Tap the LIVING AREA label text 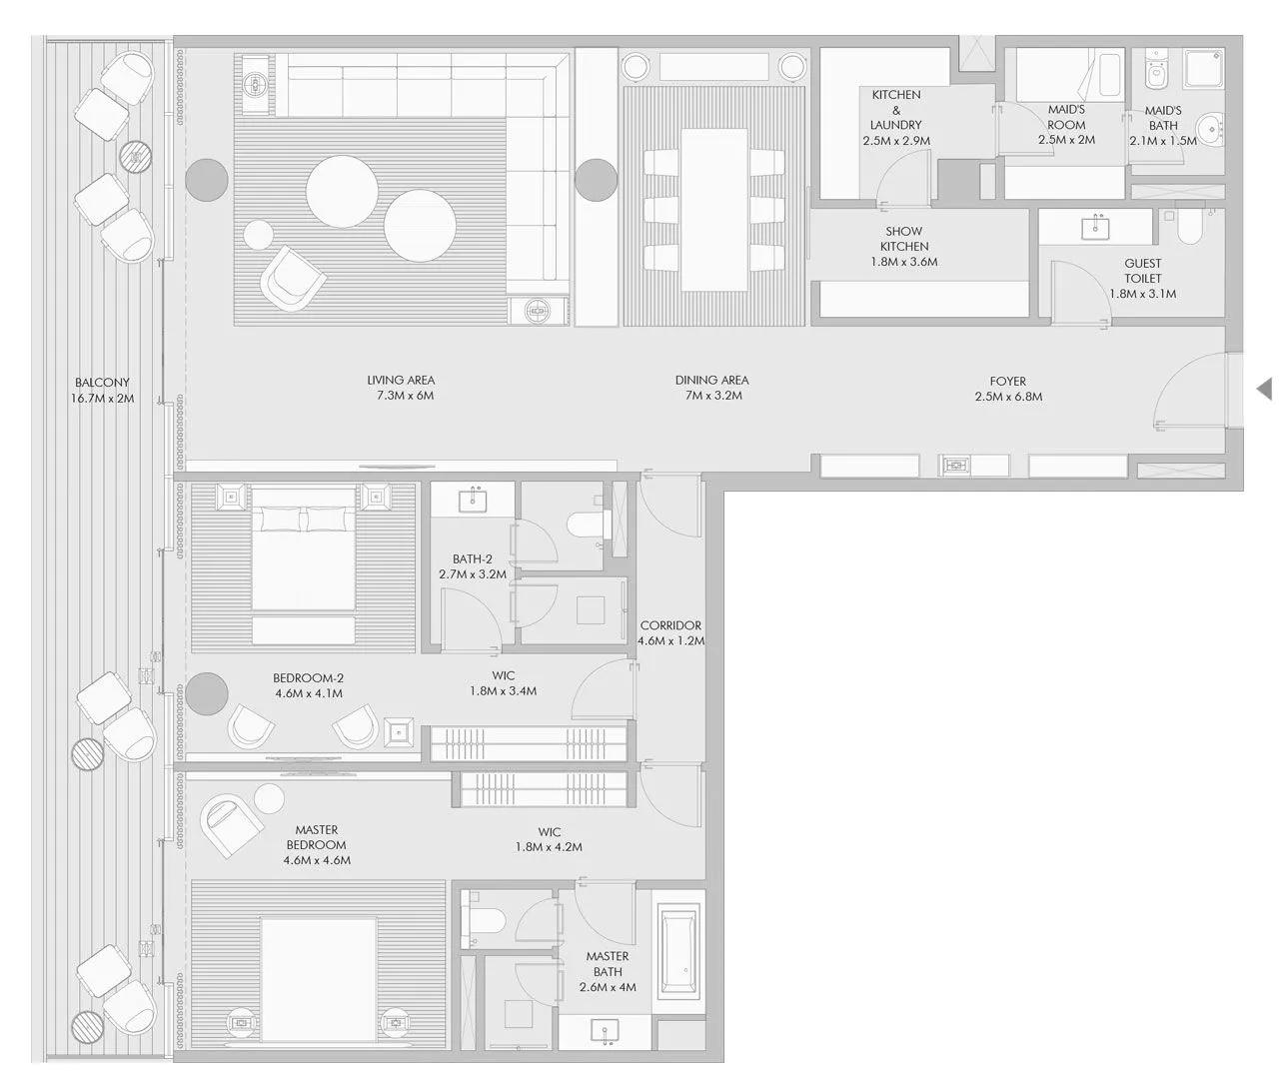click(x=401, y=381)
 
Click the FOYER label click(x=1007, y=382)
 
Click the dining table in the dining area click(x=714, y=210)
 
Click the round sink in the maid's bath click(x=1211, y=127)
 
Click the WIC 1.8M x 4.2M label click(x=549, y=839)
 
